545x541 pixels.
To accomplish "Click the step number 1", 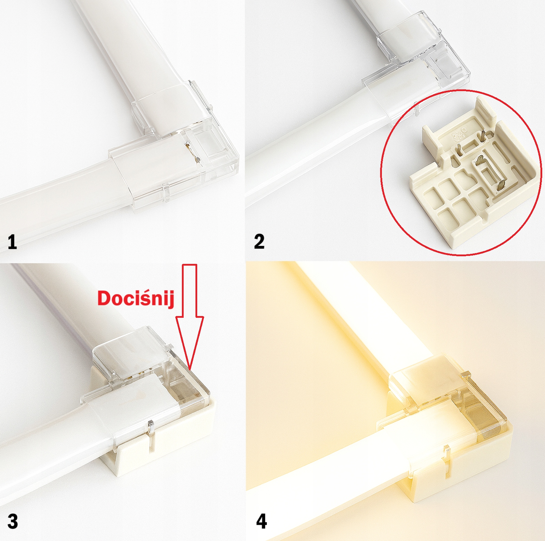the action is point(12,241).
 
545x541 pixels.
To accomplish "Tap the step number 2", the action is point(259,241).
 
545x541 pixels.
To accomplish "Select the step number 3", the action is point(13,522).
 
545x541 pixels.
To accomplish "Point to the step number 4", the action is point(262,522).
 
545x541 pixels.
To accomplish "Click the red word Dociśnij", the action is point(136,298).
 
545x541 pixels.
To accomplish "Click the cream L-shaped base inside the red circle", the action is point(473,174).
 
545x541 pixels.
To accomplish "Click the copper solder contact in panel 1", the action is point(192,152).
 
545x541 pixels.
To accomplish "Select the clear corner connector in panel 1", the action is point(174,146).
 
